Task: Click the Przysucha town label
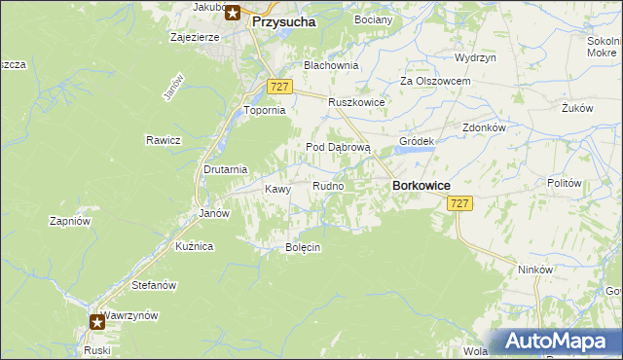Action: point(283,19)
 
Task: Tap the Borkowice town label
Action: point(420,184)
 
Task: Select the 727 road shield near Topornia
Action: point(279,87)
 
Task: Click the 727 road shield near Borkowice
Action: point(460,203)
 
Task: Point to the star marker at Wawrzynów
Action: point(97,321)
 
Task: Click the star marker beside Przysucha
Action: point(234,14)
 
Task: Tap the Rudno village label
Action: point(327,186)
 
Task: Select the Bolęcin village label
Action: point(303,247)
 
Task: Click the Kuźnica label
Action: point(194,247)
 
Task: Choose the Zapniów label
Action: point(70,221)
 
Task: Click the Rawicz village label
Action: point(165,139)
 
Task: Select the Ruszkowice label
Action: point(356,102)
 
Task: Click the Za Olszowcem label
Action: point(436,82)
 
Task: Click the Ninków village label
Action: point(535,270)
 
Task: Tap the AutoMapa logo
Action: point(557,341)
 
